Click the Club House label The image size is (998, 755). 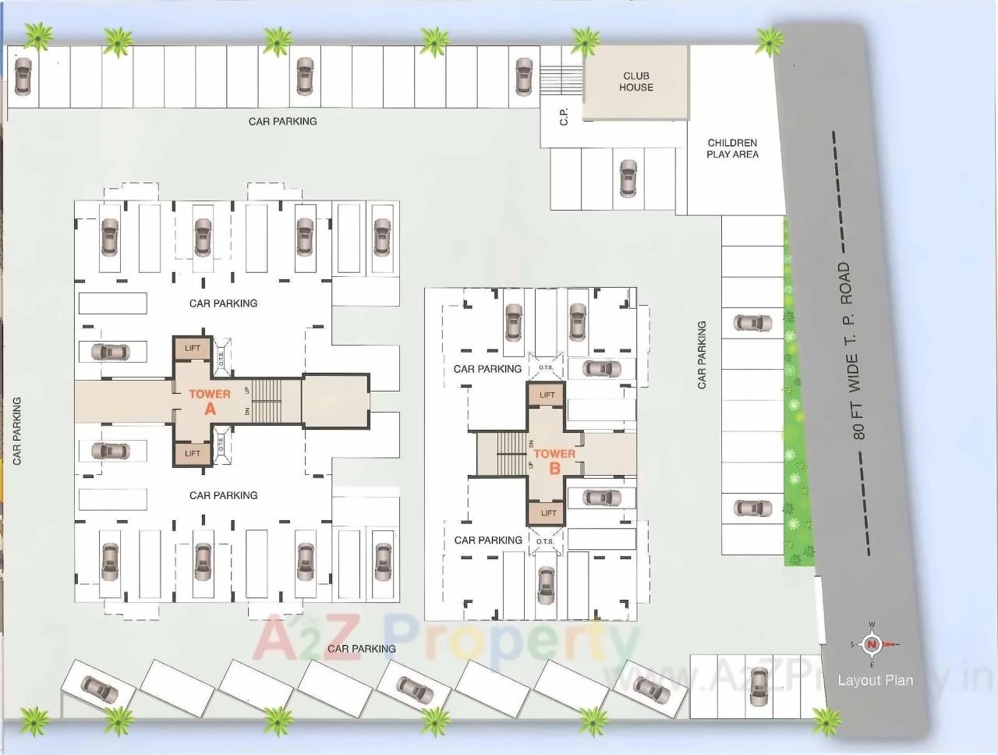636,82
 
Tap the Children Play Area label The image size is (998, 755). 732,148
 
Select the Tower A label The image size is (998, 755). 210,401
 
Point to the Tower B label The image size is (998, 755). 554,460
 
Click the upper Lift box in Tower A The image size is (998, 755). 193,348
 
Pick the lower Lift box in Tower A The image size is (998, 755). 193,453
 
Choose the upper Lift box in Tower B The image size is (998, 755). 547,395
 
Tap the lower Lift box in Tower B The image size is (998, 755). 549,512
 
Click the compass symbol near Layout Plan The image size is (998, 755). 873,644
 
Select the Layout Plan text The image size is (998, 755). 875,680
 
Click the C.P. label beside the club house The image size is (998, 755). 564,116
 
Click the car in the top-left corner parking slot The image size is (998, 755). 23,77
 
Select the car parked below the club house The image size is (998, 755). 628,179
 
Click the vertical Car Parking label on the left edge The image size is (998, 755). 16,431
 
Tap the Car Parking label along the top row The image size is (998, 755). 282,122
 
